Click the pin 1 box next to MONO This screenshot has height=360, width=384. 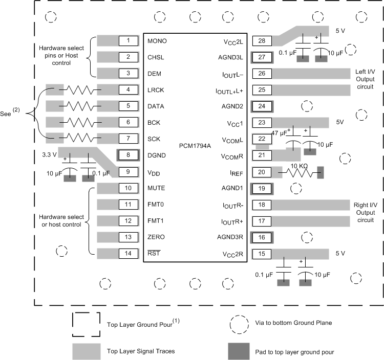(128, 41)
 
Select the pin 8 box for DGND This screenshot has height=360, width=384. (128, 155)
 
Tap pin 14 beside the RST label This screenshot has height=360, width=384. (128, 254)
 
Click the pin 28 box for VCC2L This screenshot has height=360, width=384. (261, 41)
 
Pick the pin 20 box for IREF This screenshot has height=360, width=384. (261, 172)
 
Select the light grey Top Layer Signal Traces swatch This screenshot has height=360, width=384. (86, 351)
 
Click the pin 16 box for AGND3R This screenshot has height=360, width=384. (261, 237)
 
